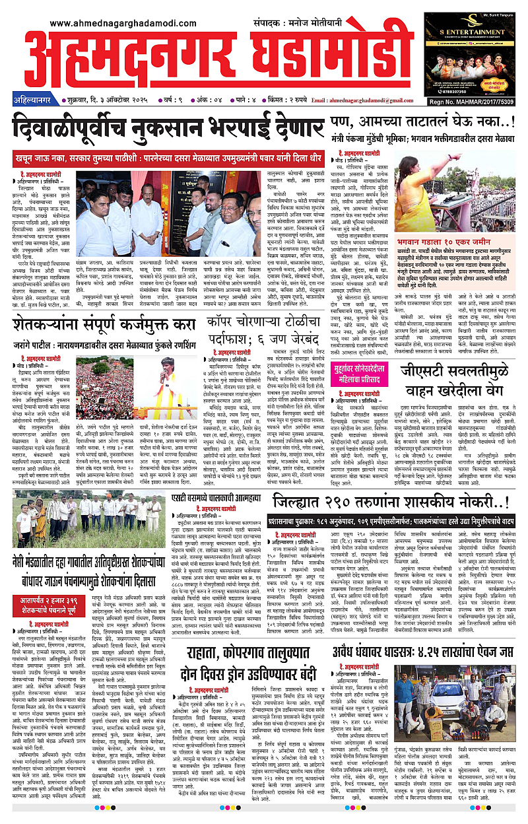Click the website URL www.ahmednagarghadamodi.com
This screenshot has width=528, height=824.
tap(125, 23)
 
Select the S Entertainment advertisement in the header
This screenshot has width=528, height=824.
tap(470, 54)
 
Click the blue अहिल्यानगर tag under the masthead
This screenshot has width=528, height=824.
tap(35, 100)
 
